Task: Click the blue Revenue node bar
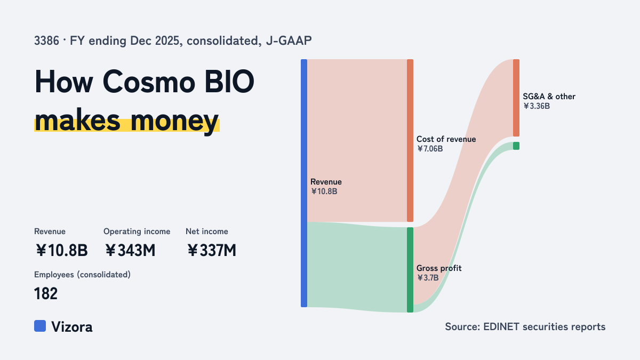(x=304, y=183)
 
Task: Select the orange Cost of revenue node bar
(x=410, y=141)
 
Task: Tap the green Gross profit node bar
(x=410, y=270)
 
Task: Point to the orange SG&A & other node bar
(x=516, y=98)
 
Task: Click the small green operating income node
(x=516, y=146)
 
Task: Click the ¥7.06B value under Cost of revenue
(x=430, y=149)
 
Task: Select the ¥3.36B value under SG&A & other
(x=537, y=106)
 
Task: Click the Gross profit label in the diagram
(x=439, y=268)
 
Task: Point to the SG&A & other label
(x=549, y=97)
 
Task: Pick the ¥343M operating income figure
(x=130, y=250)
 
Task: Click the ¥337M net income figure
(x=212, y=250)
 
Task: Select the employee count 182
(x=46, y=293)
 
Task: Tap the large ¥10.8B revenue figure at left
(x=61, y=250)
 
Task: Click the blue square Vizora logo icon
(x=40, y=326)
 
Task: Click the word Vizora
(x=72, y=327)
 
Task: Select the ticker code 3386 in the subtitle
(x=46, y=41)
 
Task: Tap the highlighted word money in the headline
(x=174, y=121)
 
